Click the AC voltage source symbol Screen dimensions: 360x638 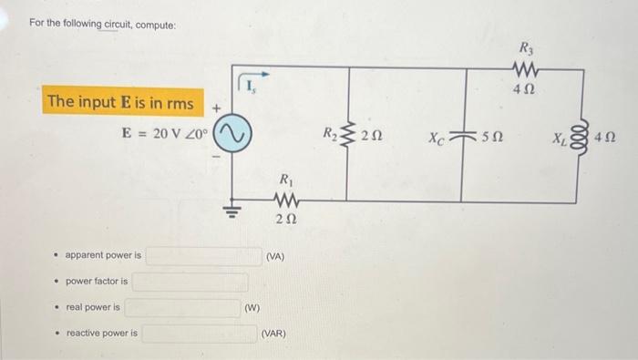click(232, 138)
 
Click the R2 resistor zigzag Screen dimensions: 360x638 click(346, 137)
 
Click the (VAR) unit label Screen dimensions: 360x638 click(273, 334)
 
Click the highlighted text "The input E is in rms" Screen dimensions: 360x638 click(121, 103)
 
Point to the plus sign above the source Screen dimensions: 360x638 click(217, 108)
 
